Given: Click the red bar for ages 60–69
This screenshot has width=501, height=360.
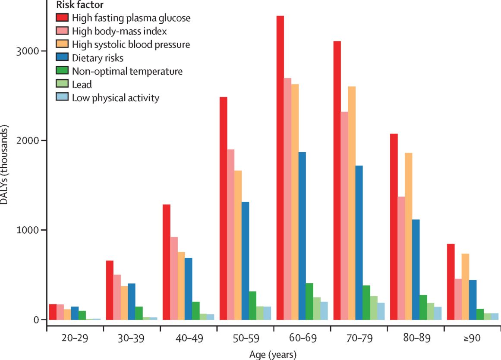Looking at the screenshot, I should click(x=280, y=168).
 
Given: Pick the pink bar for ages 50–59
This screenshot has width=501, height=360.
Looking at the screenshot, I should click(x=231, y=235).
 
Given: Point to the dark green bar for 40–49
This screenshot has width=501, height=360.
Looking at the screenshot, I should click(x=195, y=310).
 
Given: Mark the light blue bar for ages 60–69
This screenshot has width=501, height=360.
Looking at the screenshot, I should click(x=324, y=310).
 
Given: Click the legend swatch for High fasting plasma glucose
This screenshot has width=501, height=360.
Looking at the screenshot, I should click(x=63, y=18).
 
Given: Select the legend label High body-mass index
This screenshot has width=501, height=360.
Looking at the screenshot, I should click(x=120, y=31).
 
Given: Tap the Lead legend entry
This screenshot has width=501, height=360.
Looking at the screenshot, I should click(x=82, y=85).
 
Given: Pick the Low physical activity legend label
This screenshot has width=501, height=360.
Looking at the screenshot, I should click(x=116, y=98).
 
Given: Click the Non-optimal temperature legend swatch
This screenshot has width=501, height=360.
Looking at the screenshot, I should click(x=63, y=71).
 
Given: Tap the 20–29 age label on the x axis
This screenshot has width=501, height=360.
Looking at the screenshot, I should click(x=75, y=338).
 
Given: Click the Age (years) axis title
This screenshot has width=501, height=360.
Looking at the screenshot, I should click(x=273, y=355).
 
